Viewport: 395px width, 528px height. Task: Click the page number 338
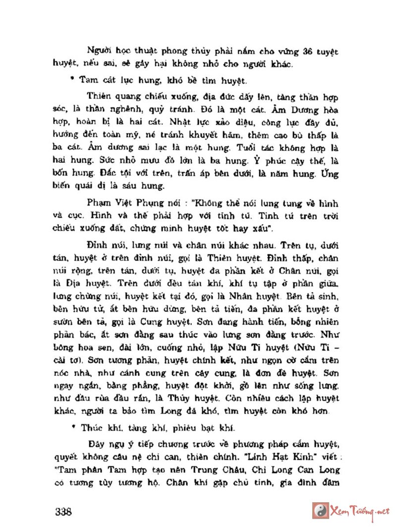[x=63, y=512]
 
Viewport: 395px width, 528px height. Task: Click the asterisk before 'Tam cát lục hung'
[x=72, y=79]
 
